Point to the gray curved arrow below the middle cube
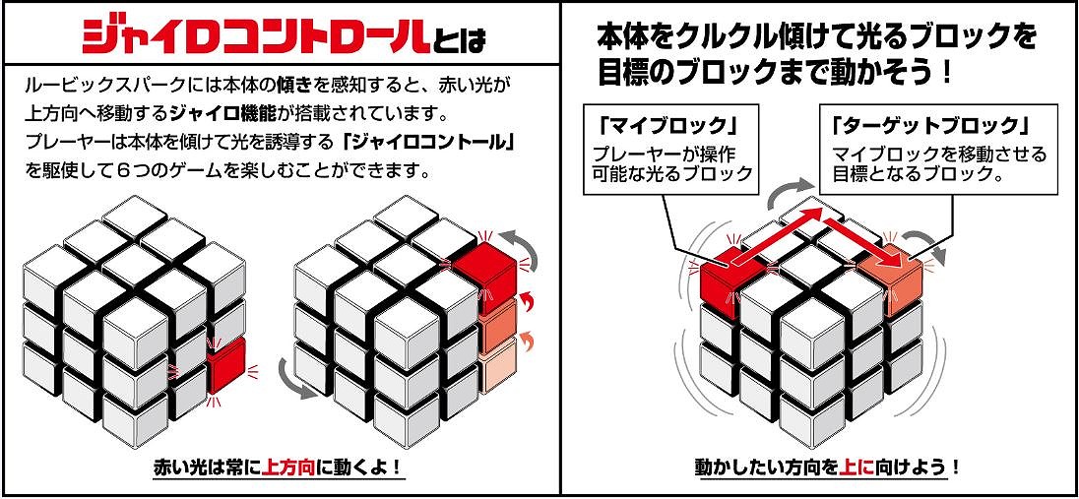click(x=294, y=378)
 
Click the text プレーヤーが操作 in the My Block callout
click(x=664, y=153)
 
